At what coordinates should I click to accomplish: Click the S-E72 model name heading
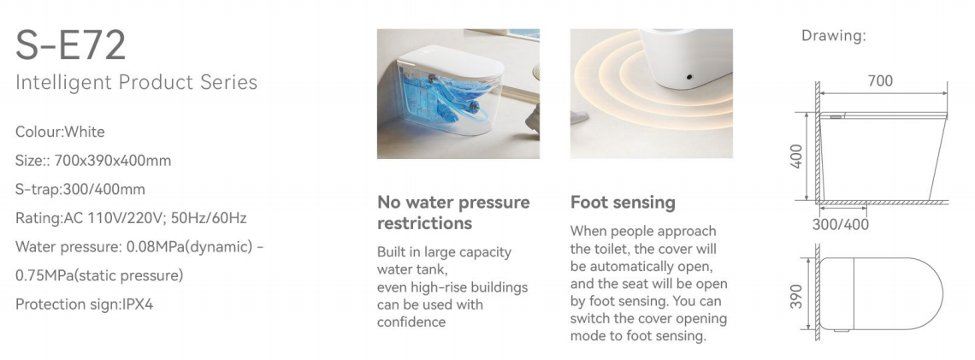[x=70, y=44]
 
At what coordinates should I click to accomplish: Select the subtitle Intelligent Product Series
[x=136, y=82]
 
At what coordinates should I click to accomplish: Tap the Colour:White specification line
[x=60, y=132]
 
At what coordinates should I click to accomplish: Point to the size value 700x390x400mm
[x=113, y=161]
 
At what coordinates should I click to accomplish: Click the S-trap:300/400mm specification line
[x=80, y=189]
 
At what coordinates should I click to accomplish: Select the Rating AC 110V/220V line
[x=131, y=218]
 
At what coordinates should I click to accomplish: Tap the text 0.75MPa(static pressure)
[x=99, y=275]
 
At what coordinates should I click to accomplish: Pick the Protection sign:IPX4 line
[x=84, y=304]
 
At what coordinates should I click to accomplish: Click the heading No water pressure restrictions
[x=453, y=213]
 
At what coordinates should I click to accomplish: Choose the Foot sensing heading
[x=623, y=202]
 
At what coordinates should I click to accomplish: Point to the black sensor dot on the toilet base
[x=689, y=76]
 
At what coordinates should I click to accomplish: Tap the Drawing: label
[x=833, y=36]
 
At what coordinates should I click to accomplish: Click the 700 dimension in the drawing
[x=880, y=81]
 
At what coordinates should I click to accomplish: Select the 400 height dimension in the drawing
[x=796, y=156]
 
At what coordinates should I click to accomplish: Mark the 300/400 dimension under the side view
[x=840, y=224]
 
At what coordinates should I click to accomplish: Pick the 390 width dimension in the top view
[x=796, y=298]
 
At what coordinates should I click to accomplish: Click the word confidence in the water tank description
[x=411, y=322]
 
